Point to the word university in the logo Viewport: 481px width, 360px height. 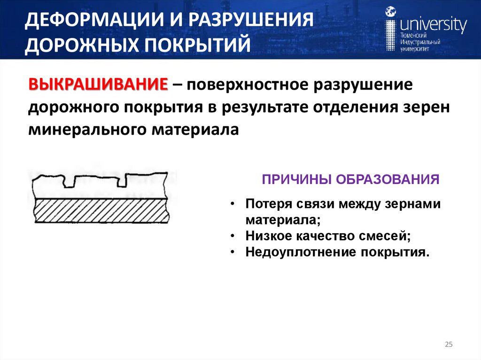(433, 25)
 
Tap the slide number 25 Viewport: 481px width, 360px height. (448, 345)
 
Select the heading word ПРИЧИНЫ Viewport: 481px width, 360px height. (289, 180)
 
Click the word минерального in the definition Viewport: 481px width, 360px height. (86, 129)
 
